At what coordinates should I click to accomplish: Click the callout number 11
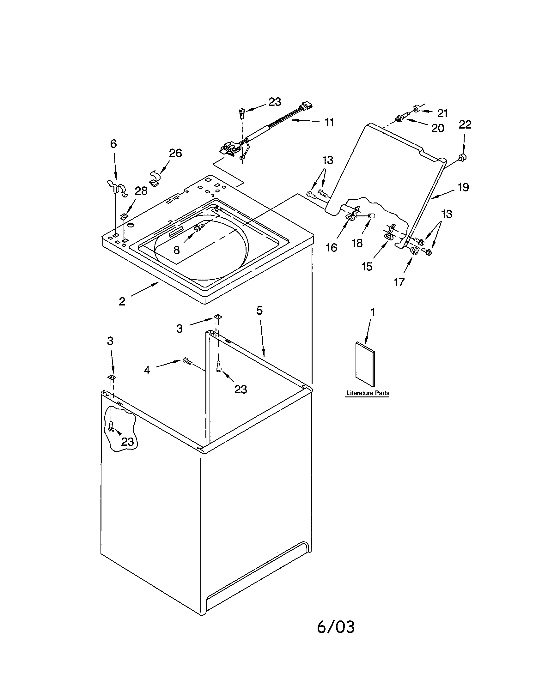coord(329,122)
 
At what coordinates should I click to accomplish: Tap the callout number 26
coord(175,153)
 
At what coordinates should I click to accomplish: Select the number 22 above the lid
coord(465,124)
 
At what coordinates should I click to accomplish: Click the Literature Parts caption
coord(368,393)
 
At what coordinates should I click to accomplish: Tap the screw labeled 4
coord(187,362)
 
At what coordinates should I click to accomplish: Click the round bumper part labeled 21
coord(416,109)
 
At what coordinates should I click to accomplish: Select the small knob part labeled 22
coord(462,157)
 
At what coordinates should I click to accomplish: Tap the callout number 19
coord(463,187)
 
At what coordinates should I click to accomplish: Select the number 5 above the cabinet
coord(259,310)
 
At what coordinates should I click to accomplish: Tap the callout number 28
coord(141,190)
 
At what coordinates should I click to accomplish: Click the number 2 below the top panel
coord(122,301)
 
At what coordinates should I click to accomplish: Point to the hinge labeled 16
coord(350,217)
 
